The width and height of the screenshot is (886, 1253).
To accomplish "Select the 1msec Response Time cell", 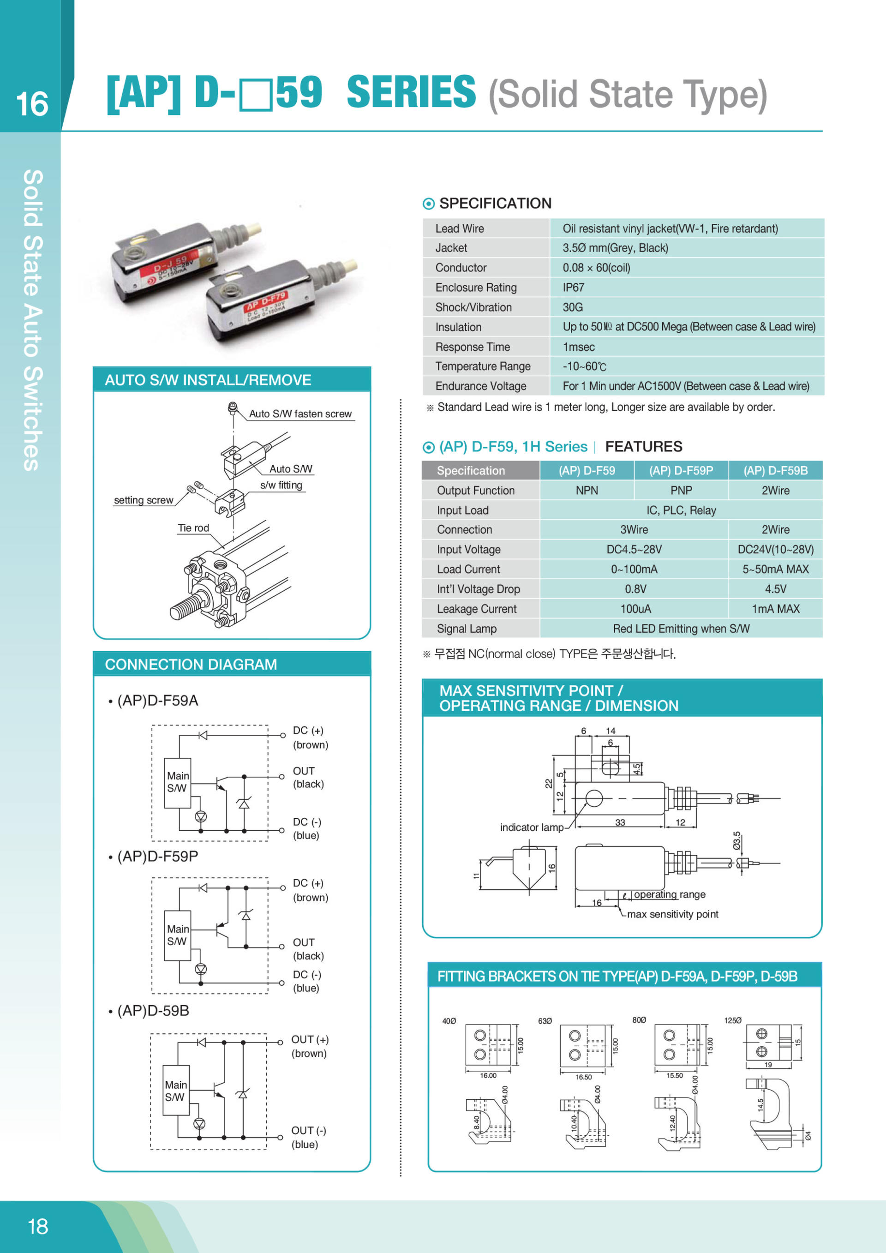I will pos(578,347).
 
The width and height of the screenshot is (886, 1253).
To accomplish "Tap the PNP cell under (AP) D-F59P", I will pos(681,491).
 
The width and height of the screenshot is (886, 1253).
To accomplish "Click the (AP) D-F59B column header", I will pos(775,470).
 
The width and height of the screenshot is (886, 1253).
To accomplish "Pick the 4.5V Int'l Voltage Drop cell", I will pos(775,589).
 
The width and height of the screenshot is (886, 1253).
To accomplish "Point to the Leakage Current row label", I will pos(476,609).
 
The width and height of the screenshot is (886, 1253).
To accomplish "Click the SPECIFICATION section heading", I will pos(495,204).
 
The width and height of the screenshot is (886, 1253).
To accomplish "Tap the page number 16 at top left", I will pos(32,104).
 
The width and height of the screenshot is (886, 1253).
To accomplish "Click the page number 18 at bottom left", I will pos(38,1227).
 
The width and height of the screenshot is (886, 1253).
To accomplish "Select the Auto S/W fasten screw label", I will pos(300,414).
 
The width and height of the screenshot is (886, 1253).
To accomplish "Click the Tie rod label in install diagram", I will pos(193,528).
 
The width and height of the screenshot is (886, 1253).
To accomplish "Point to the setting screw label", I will pos(144,500).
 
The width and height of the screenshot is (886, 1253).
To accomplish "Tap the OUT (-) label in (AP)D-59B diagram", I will pos(308,1130).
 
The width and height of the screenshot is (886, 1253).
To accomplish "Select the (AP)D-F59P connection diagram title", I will pos(157,856).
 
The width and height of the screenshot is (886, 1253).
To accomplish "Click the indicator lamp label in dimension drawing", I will pos(532,827).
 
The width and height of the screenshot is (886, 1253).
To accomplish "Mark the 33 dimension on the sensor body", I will pos(620,822).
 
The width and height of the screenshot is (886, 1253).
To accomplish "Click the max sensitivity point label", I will pos(672,914).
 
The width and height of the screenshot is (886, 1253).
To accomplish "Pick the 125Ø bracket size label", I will pos(732,1020).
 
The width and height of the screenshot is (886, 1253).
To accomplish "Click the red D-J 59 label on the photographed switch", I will pos(171,264).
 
